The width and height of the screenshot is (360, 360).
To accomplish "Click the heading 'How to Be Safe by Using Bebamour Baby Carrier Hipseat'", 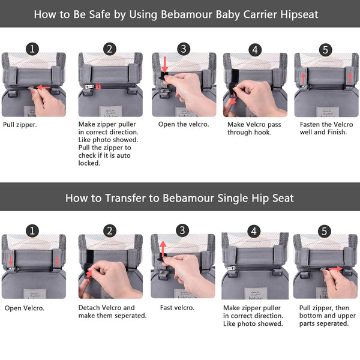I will coord(180,14).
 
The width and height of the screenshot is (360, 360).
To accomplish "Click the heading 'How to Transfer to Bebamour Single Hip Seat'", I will coord(180,197).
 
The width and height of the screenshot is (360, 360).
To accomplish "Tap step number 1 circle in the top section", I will coord(32,49).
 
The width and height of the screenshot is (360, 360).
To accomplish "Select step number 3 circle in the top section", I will coord(184,49).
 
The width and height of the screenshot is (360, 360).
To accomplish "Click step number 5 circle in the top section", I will coord(326,49).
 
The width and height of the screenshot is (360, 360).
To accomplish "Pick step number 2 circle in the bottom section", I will coord(109,231).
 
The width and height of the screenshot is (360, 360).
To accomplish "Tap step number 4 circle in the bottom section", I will coord(254,231).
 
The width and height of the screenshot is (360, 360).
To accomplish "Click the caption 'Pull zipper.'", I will coord(20,125).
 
